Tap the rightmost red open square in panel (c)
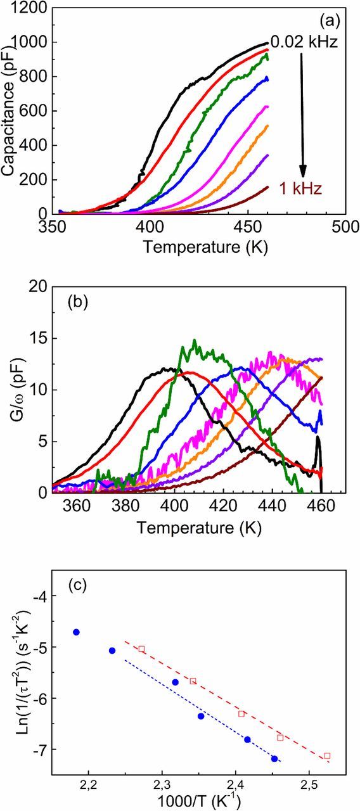click(x=327, y=756)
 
